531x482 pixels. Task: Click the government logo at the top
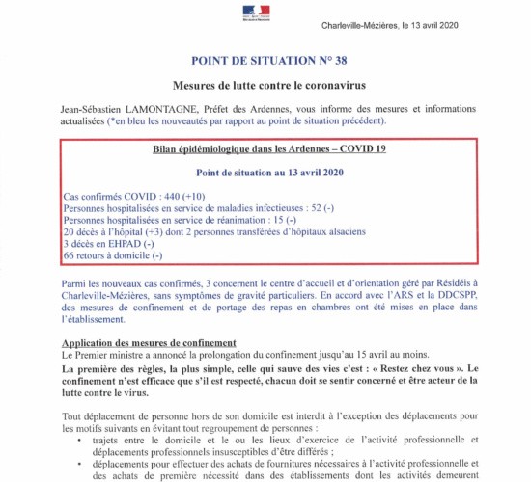click(x=265, y=11)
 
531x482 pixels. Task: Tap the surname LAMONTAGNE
click(x=163, y=107)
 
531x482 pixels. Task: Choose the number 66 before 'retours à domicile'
click(x=69, y=257)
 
